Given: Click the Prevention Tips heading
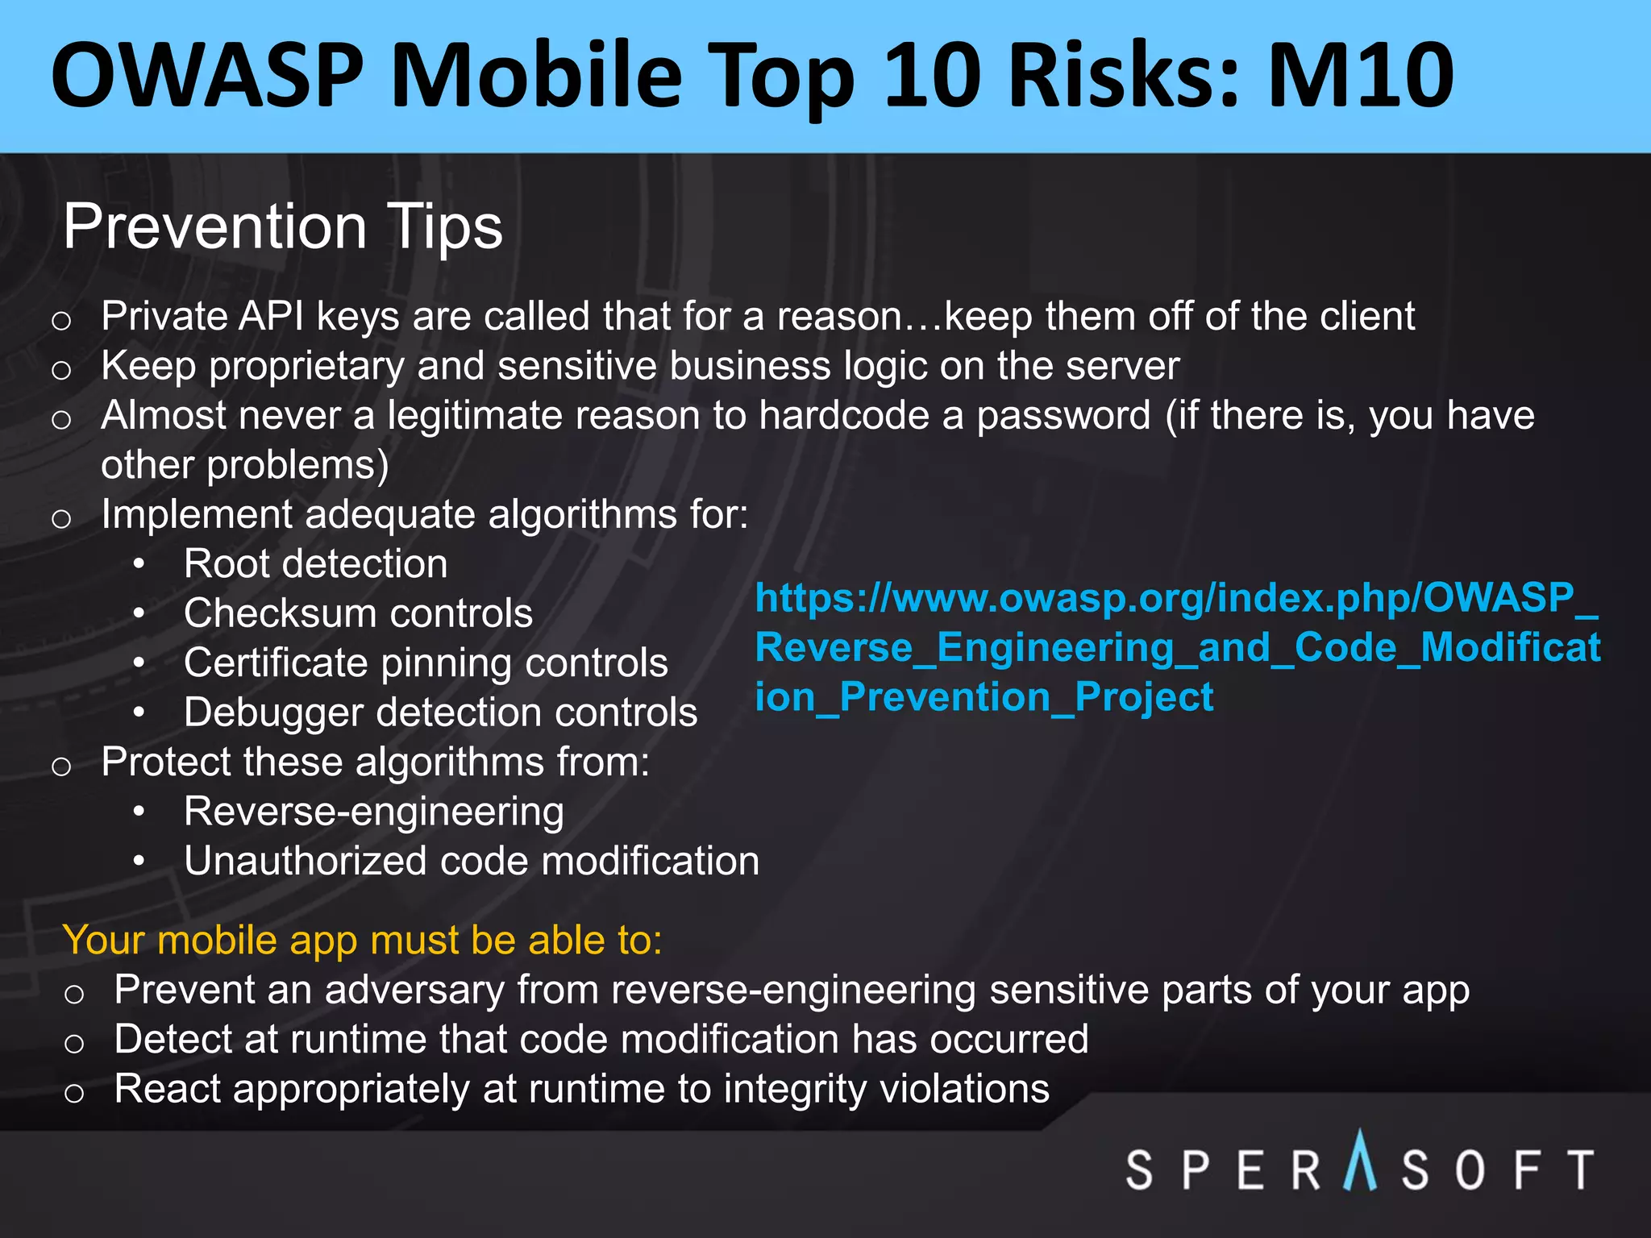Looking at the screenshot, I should [282, 226].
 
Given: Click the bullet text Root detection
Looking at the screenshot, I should [315, 563].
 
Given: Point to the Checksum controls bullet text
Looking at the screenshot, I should [358, 613].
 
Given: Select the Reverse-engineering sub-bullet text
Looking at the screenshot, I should [373, 812].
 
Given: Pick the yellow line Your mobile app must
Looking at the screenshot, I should [362, 940].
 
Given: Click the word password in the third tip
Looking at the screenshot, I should [1063, 416].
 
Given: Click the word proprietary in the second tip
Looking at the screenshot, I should [306, 367].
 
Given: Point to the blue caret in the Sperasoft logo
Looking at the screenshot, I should [1360, 1161].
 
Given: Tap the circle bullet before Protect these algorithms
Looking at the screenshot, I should [61, 766].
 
